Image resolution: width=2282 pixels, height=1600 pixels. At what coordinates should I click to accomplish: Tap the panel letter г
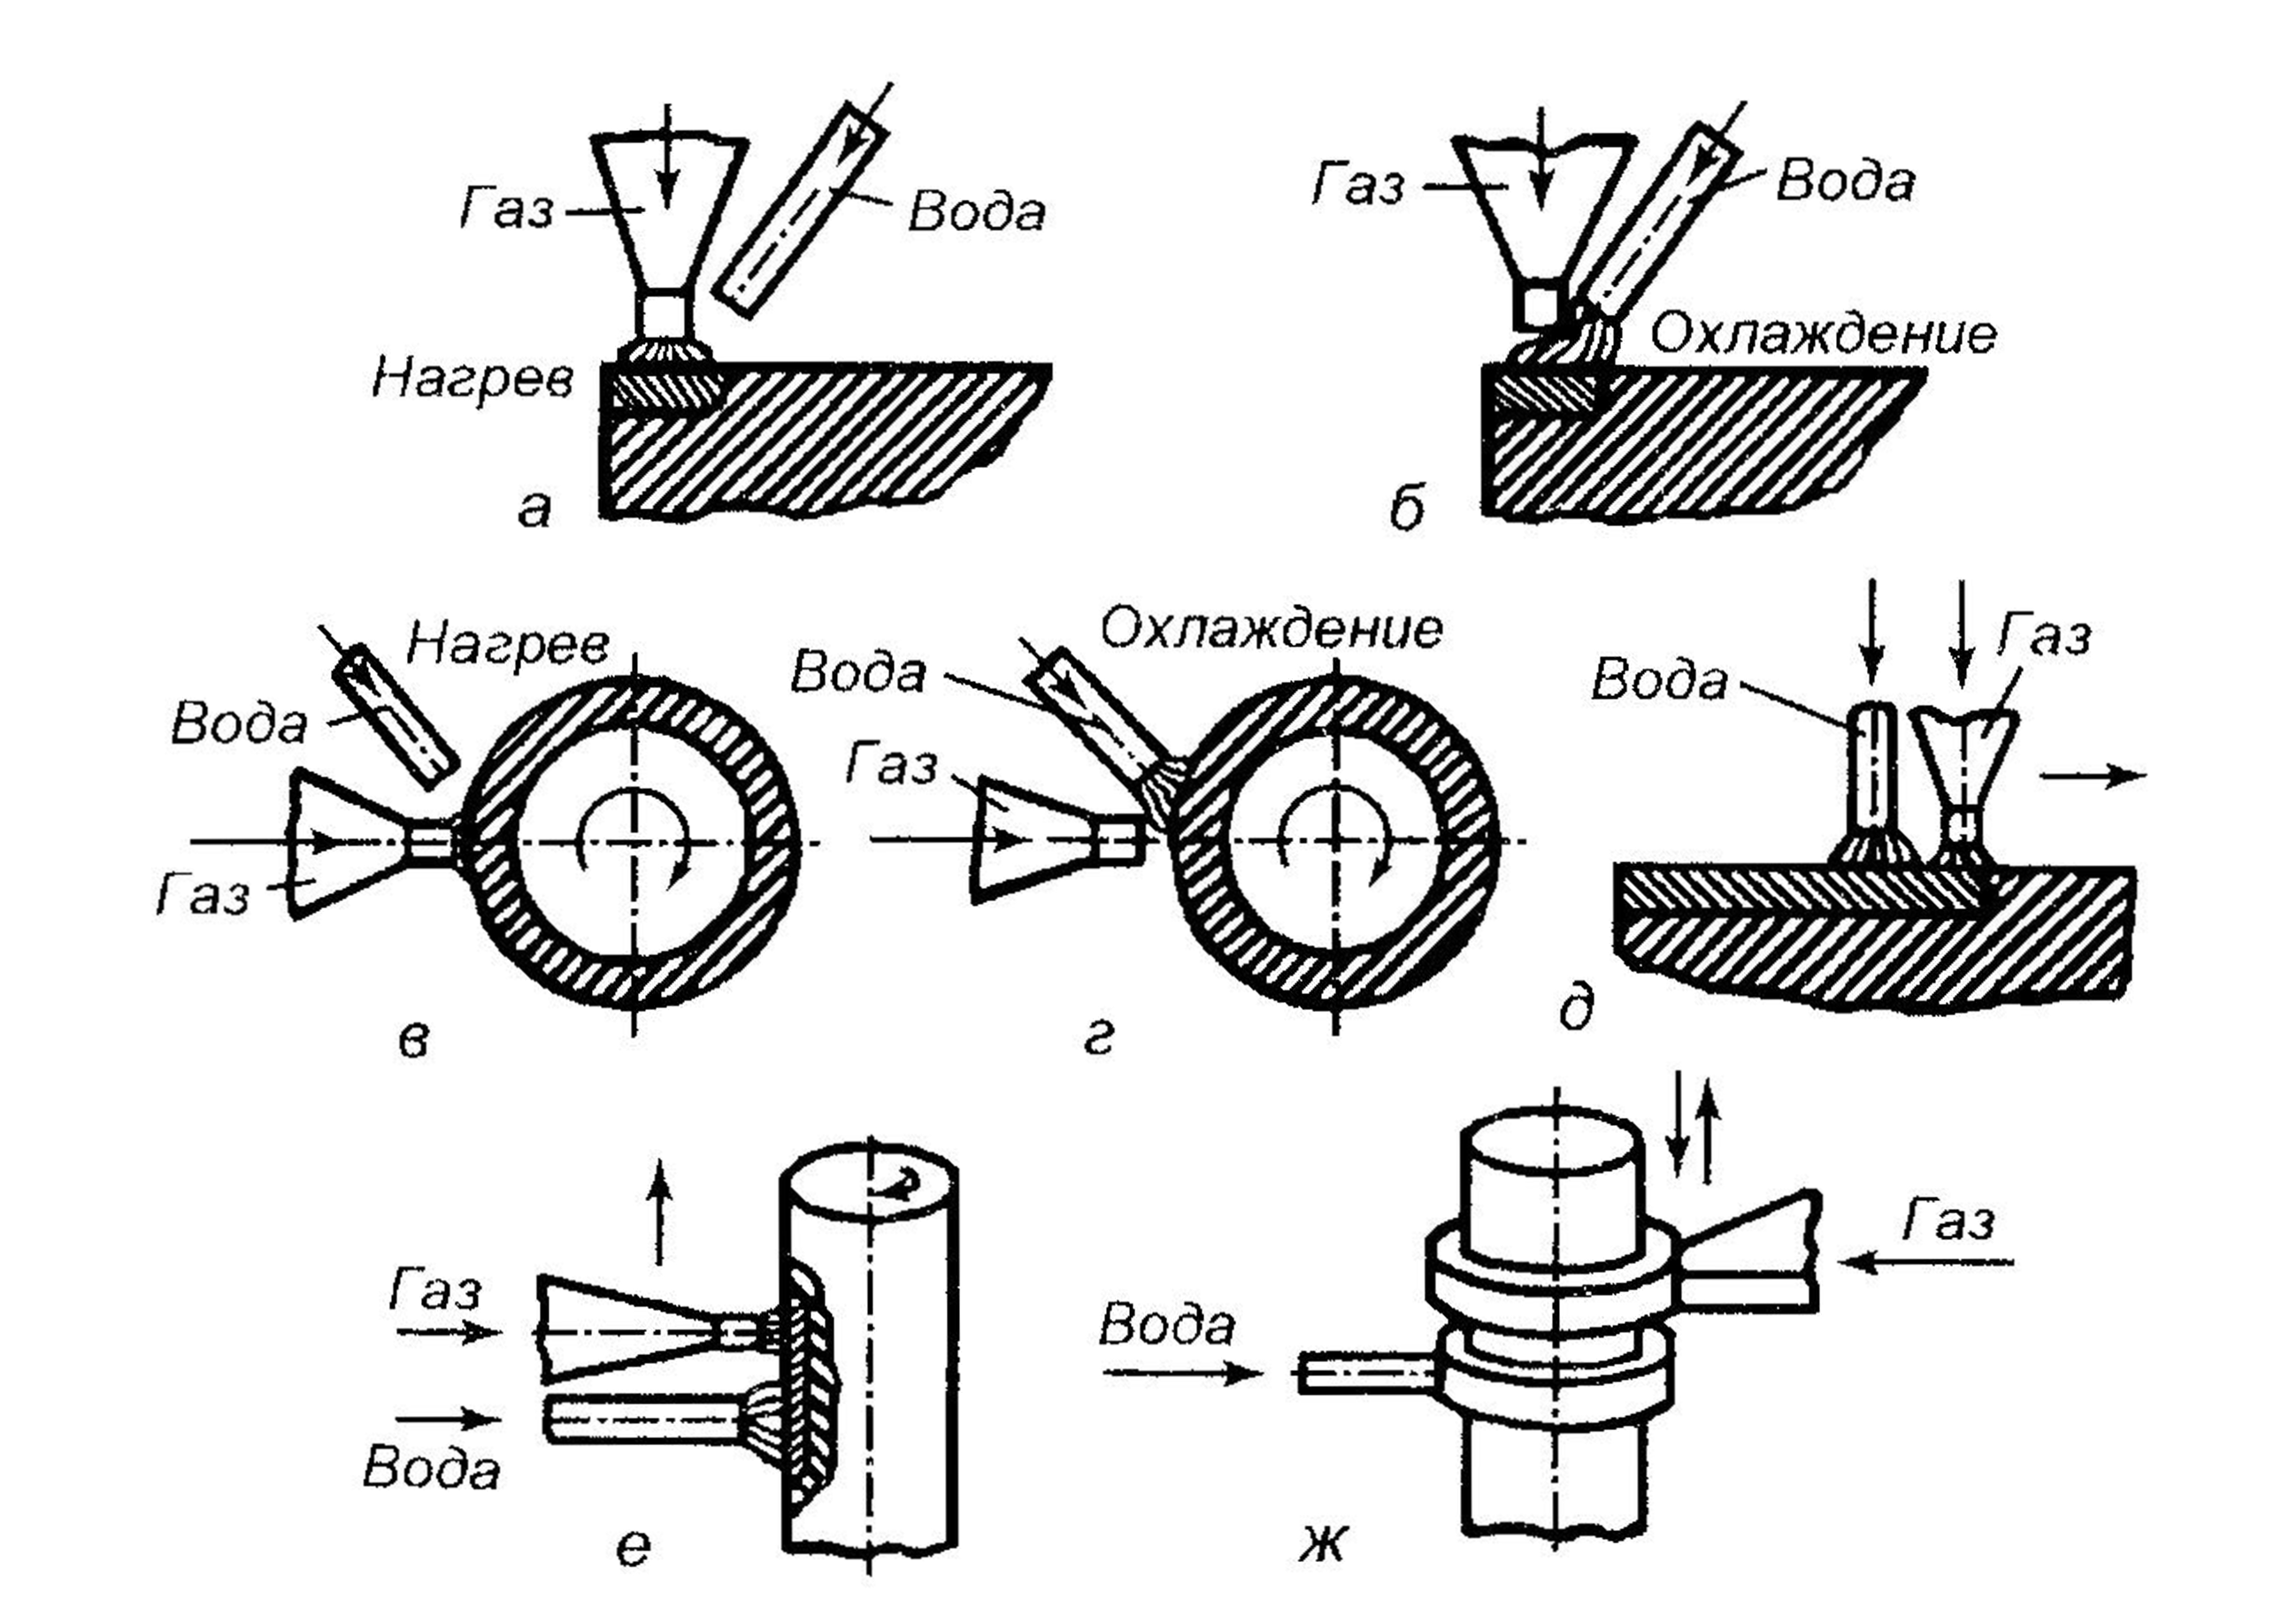click(x=1099, y=1038)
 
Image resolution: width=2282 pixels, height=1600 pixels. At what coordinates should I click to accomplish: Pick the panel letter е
click(x=634, y=1547)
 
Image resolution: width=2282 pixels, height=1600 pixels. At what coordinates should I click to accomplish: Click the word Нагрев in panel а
click(x=473, y=379)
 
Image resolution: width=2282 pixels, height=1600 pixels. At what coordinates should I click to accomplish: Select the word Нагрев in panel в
click(x=508, y=646)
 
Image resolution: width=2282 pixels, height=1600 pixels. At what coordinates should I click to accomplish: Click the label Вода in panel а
click(x=977, y=212)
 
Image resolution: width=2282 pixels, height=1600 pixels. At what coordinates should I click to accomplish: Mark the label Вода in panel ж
click(x=1167, y=1327)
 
